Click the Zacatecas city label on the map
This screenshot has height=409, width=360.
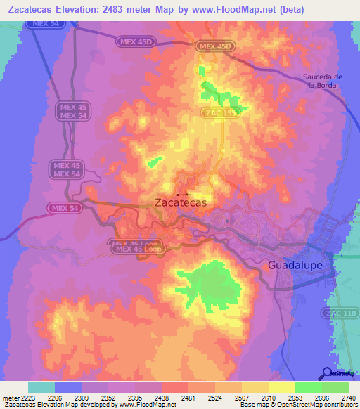pos(180,202)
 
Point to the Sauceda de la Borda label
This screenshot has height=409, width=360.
pos(322,81)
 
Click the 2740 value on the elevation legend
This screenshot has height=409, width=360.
pos(347,397)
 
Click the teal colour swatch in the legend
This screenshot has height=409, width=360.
pos(41,387)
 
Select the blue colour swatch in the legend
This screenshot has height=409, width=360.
pos(68,387)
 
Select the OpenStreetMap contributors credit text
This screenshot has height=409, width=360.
pos(323,405)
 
